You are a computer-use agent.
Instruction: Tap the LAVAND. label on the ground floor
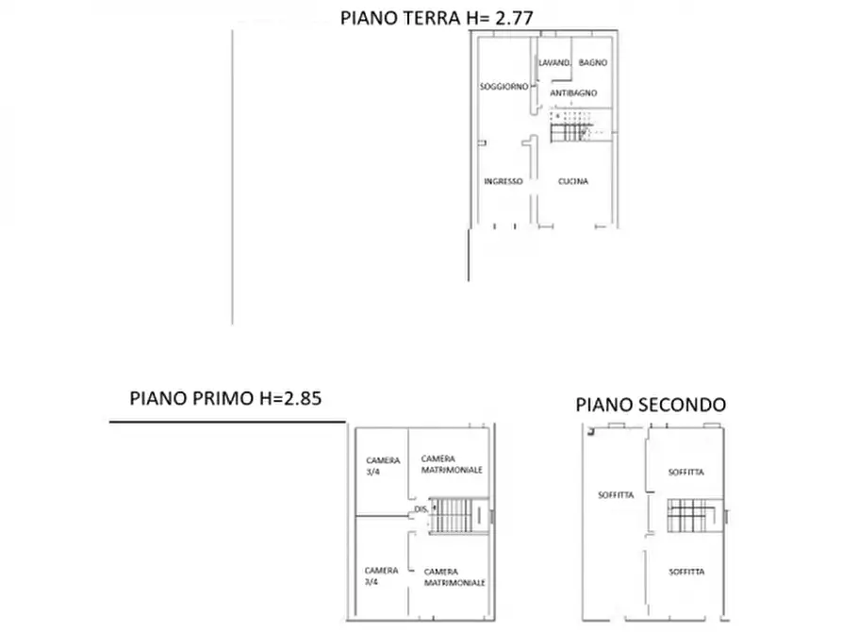click(x=554, y=63)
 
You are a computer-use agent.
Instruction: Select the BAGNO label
click(x=593, y=63)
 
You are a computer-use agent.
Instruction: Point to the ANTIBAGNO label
click(x=572, y=92)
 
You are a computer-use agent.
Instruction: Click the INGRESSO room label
click(x=503, y=182)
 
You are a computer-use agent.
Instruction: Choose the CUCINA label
click(x=572, y=182)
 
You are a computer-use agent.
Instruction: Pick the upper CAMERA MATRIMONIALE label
click(x=453, y=464)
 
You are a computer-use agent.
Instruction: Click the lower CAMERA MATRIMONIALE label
click(x=454, y=577)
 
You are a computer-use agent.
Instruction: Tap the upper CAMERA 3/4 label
click(x=382, y=465)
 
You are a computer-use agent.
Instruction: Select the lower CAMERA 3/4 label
click(x=382, y=575)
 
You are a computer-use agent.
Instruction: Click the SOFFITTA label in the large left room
click(x=616, y=494)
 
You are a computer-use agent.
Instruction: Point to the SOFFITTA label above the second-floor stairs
click(x=687, y=472)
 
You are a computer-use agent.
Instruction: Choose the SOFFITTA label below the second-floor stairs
click(x=687, y=572)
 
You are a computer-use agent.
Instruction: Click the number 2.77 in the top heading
click(x=518, y=15)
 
